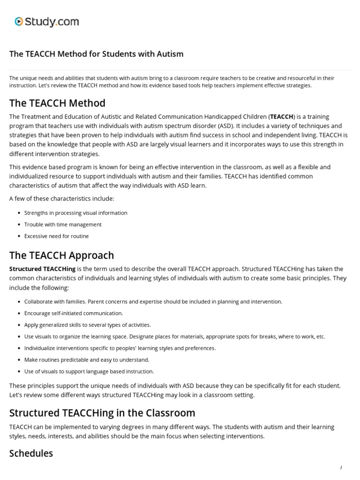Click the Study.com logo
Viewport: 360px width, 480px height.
46,22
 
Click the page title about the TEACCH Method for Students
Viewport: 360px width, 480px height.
96,54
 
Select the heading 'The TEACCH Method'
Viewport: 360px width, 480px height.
57,103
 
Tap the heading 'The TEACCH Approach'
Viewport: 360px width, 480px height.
61,255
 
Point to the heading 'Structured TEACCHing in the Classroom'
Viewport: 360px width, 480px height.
102,413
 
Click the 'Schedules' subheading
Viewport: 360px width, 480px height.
31,453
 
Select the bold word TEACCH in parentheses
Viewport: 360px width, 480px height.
282,117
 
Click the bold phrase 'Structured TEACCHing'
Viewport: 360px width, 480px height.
42,269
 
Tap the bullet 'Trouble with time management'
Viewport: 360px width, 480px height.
63,225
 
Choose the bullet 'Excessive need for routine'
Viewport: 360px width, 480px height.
56,236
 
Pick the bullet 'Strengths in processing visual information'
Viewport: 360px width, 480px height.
75,213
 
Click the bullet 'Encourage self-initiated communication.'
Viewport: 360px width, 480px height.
74,313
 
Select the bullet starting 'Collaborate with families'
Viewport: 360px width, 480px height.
153,301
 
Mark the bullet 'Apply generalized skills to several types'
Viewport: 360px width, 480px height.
87,325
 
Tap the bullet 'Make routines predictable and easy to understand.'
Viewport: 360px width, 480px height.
87,360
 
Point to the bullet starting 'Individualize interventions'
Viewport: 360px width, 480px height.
120,348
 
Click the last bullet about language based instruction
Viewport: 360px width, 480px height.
89,371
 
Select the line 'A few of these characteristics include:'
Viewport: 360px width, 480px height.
61,199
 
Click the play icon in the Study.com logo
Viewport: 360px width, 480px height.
19,21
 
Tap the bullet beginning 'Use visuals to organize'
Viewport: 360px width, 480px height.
174,337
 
